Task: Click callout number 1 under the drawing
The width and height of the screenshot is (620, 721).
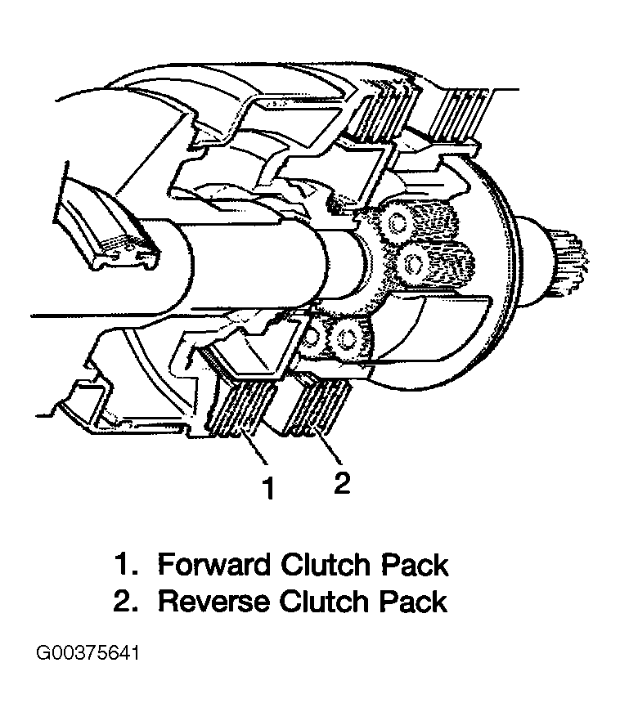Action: point(268,488)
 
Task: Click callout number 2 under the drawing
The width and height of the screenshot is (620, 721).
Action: point(342,483)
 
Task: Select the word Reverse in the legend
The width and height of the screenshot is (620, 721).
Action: point(213,602)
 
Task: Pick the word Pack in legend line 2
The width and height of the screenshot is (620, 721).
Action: point(413,602)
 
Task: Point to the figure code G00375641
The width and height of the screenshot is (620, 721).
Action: point(88,653)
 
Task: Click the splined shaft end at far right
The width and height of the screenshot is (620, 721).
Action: point(568,260)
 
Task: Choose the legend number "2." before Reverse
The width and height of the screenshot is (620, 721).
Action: point(126,602)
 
